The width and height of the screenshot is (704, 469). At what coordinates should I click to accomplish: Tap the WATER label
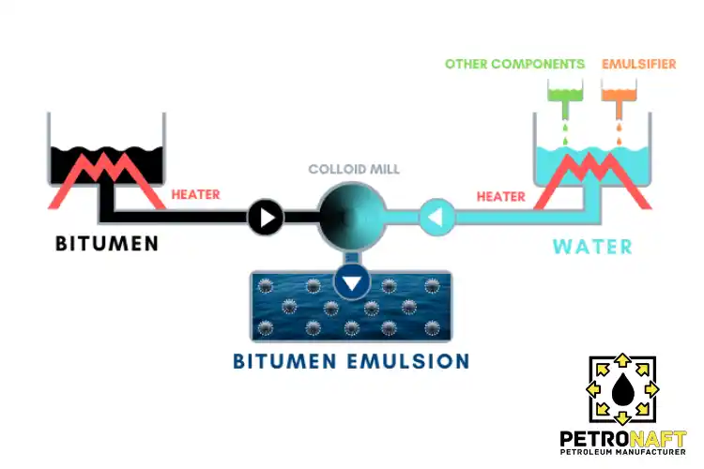pyautogui.click(x=591, y=248)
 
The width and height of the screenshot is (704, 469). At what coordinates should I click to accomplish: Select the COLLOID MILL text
pyautogui.click(x=354, y=169)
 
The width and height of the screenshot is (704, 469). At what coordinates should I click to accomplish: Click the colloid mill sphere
pyautogui.click(x=352, y=218)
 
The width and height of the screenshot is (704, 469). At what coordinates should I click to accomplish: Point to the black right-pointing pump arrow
pyautogui.click(x=266, y=219)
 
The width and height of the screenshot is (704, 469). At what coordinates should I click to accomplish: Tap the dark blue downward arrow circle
pyautogui.click(x=352, y=281)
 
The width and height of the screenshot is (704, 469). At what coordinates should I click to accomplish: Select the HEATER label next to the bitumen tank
pyautogui.click(x=195, y=195)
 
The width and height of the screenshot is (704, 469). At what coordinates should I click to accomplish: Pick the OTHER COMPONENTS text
pyautogui.click(x=514, y=65)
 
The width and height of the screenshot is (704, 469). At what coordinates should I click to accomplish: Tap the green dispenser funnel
pyautogui.click(x=565, y=94)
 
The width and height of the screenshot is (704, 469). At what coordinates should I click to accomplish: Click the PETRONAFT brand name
pyautogui.click(x=622, y=438)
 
